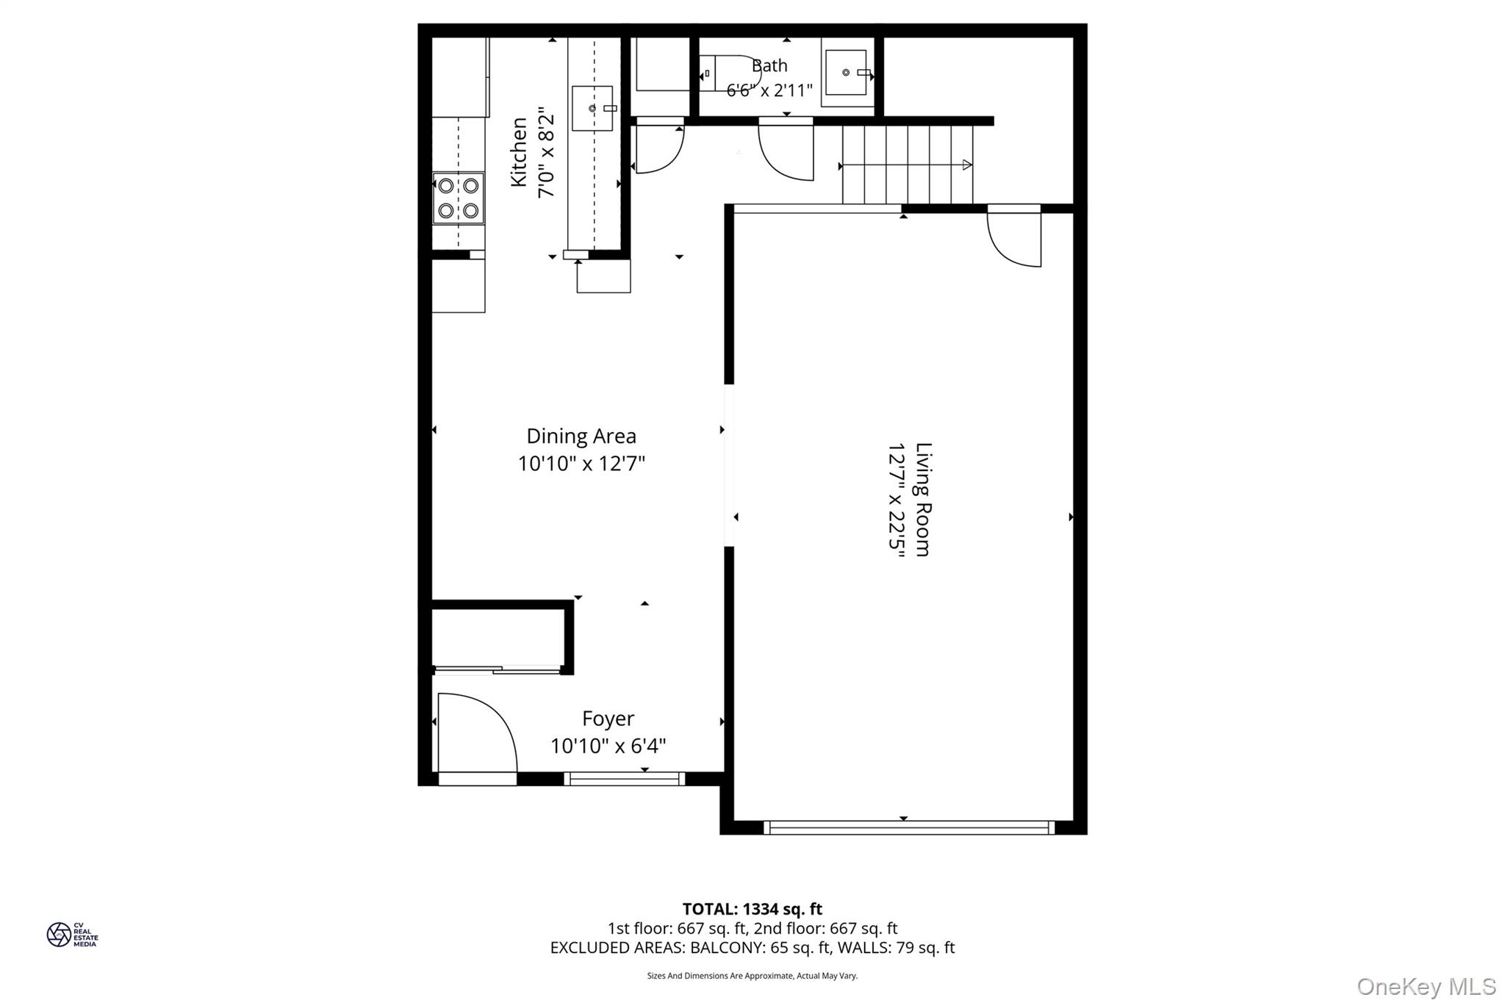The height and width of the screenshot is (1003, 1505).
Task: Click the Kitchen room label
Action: pyautogui.click(x=519, y=152)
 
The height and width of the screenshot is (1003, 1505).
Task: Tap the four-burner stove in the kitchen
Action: pyautogui.click(x=458, y=198)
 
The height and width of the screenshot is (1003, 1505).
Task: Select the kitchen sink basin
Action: pyautogui.click(x=592, y=108)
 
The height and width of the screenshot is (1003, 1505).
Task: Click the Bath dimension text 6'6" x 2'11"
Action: pyautogui.click(x=769, y=90)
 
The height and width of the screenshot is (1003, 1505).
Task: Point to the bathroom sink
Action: pyautogui.click(x=846, y=73)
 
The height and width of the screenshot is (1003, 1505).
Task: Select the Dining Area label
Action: pyautogui.click(x=581, y=436)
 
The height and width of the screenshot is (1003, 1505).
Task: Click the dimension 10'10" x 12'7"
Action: pyautogui.click(x=581, y=464)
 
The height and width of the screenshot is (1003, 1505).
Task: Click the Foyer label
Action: pyautogui.click(x=608, y=719)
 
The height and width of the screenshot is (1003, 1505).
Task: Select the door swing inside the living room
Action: pyautogui.click(x=1015, y=239)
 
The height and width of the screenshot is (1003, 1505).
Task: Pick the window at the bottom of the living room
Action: pyautogui.click(x=909, y=827)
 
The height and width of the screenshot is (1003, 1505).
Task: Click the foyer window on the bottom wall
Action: pyautogui.click(x=625, y=779)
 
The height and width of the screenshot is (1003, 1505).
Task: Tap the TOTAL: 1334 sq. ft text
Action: pyautogui.click(x=752, y=910)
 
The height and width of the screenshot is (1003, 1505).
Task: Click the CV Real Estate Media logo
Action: pyautogui.click(x=72, y=935)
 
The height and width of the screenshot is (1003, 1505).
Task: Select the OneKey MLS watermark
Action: pyautogui.click(x=1426, y=987)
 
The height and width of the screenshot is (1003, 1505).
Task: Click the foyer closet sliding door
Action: pyautogui.click(x=498, y=669)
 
